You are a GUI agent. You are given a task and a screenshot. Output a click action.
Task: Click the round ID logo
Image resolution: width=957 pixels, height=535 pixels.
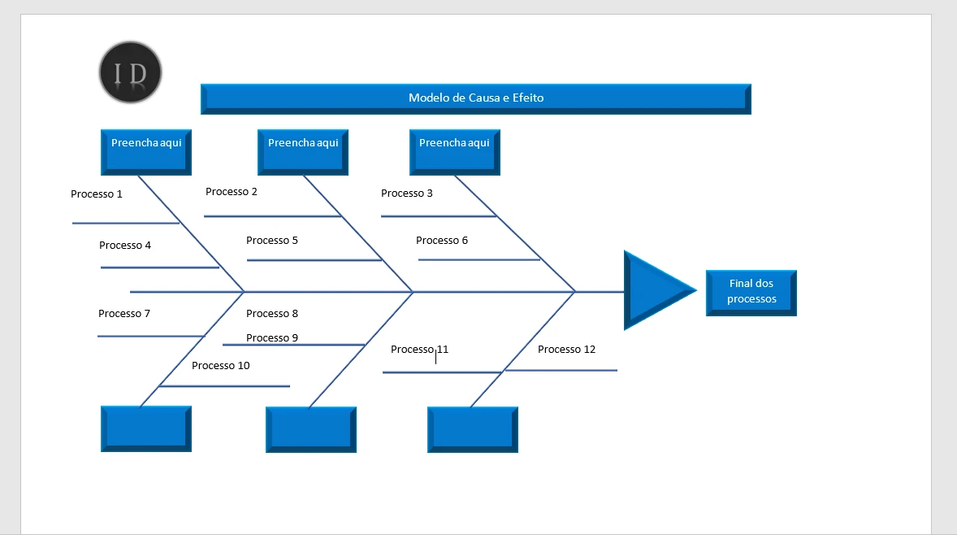click(x=131, y=73)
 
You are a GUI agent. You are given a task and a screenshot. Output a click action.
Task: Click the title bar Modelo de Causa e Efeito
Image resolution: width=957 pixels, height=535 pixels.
click(x=475, y=98)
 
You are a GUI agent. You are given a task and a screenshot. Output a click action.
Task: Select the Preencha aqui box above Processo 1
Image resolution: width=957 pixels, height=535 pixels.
click(x=146, y=151)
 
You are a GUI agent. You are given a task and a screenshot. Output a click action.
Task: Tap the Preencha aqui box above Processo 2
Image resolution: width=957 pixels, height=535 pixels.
click(x=303, y=151)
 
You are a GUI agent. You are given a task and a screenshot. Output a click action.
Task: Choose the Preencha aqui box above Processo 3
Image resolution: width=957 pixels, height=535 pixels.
click(x=455, y=151)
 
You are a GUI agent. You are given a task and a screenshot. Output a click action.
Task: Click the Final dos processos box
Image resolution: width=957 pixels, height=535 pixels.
click(x=751, y=292)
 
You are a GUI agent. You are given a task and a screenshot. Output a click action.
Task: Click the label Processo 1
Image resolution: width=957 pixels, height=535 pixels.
click(x=97, y=194)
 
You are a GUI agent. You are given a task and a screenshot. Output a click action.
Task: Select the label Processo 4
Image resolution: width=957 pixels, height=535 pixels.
click(x=125, y=246)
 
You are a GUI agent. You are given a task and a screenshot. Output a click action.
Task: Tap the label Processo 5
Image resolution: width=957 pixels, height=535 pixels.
click(x=272, y=241)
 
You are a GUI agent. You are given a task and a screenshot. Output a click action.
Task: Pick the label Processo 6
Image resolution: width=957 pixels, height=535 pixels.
click(x=442, y=241)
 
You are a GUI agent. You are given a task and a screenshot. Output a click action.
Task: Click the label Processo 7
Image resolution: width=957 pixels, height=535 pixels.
click(x=124, y=314)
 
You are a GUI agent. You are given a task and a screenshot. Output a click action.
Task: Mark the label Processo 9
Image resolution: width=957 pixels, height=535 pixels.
click(x=272, y=338)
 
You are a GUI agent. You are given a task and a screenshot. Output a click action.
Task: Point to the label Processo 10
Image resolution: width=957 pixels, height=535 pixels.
click(x=221, y=366)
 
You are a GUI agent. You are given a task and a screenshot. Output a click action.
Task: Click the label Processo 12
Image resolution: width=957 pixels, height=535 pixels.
click(x=566, y=350)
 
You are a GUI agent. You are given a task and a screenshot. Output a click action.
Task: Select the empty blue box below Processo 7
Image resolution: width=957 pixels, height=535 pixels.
click(x=146, y=428)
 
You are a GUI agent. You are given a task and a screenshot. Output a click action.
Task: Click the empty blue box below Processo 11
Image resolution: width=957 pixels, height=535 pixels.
click(x=473, y=428)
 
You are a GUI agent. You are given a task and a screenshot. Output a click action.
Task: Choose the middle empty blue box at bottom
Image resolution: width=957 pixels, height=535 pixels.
click(x=311, y=428)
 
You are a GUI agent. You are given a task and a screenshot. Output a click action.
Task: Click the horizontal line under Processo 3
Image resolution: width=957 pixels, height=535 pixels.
click(x=438, y=216)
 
